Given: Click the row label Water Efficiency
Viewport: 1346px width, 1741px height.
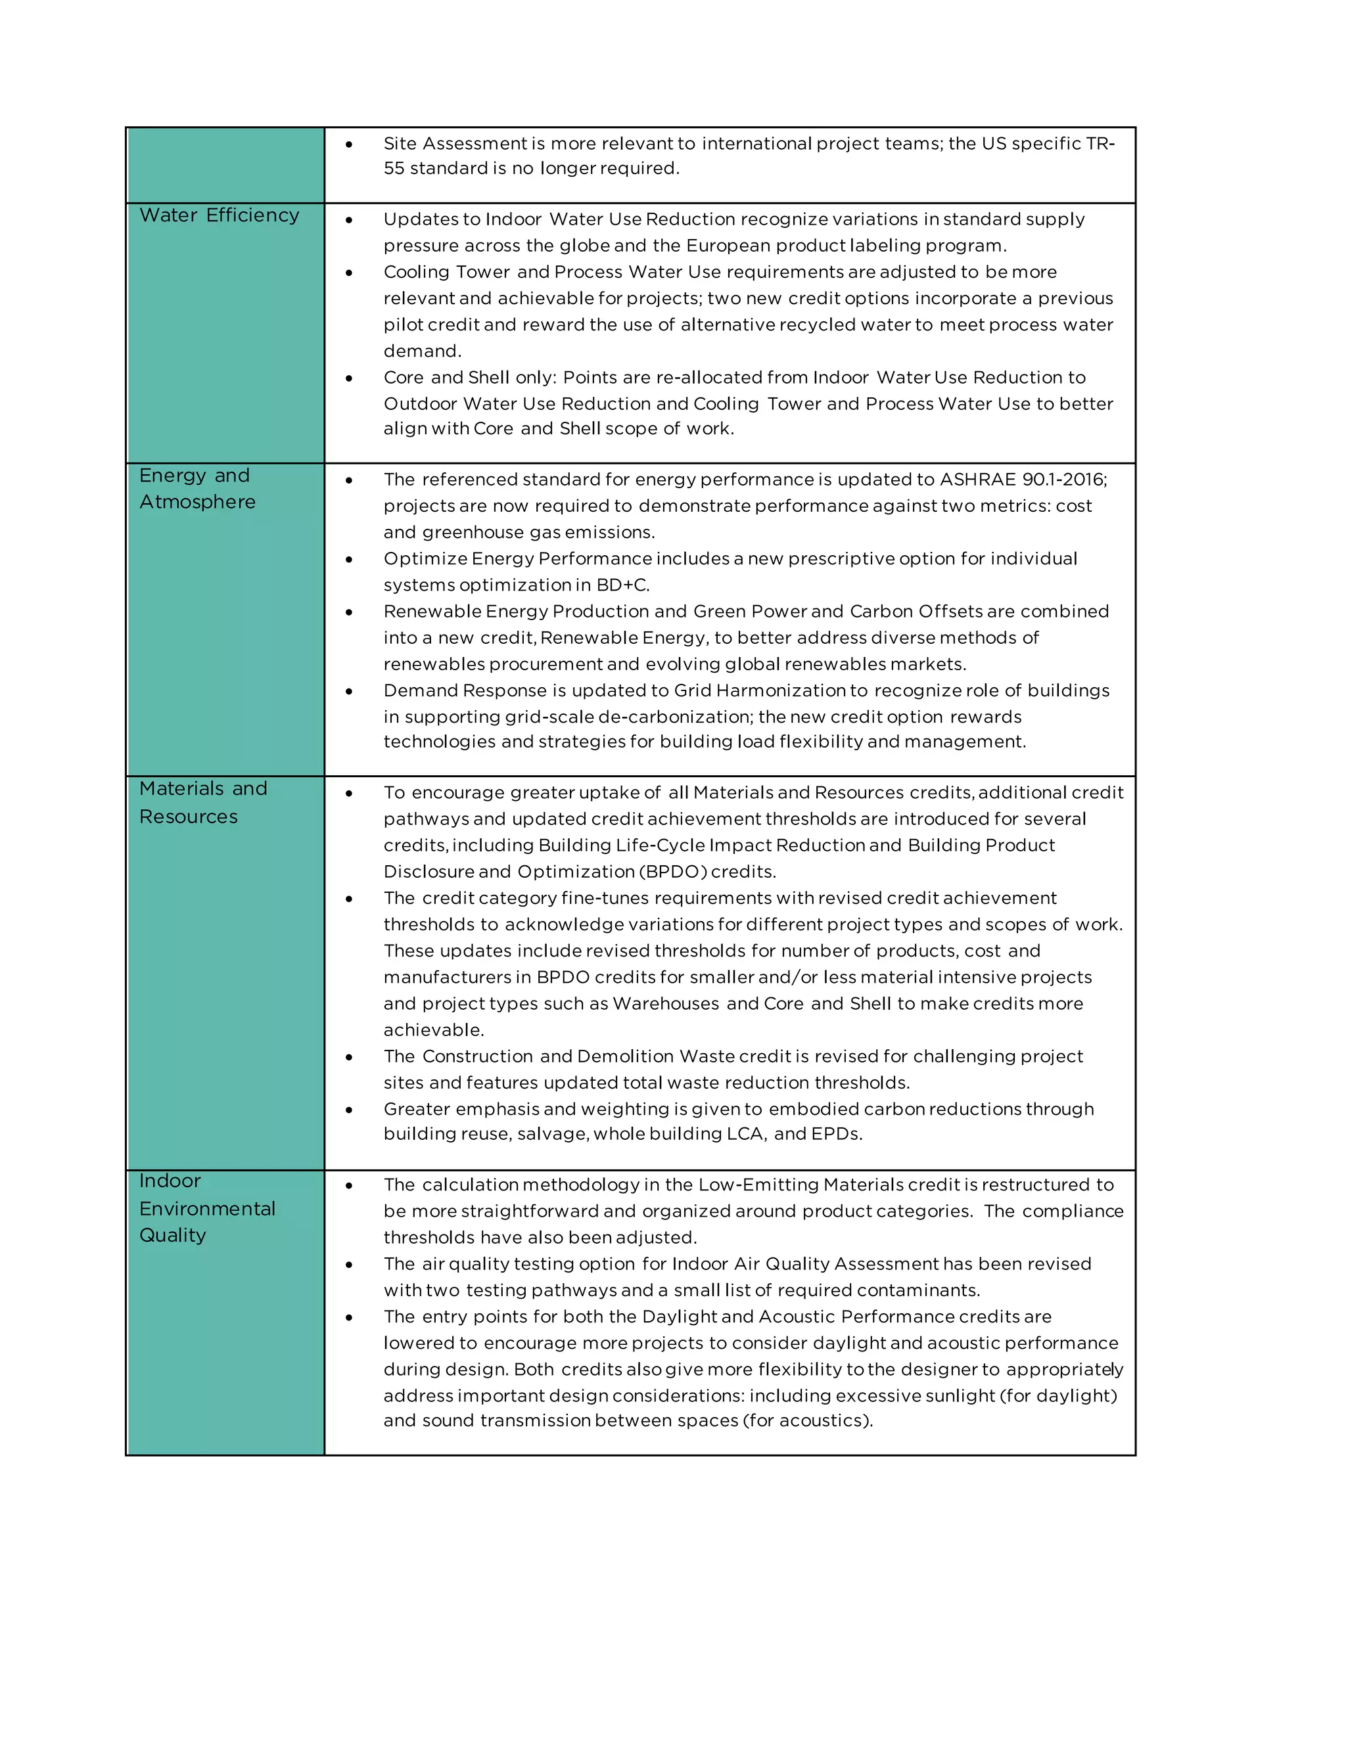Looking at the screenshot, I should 220,215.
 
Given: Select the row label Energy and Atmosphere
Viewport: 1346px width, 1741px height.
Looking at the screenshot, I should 197,489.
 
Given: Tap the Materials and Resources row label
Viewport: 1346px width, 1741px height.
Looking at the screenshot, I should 202,802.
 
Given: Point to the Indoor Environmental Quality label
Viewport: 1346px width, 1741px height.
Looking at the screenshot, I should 206,1208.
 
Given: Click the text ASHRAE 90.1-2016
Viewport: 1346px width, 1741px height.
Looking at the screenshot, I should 1021,479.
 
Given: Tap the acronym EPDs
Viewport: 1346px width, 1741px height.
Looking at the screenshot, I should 836,1133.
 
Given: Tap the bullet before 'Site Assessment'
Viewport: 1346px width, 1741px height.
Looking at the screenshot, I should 349,145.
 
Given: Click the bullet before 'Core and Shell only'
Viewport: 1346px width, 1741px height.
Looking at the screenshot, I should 349,378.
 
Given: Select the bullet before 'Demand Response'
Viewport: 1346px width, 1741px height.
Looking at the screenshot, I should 349,691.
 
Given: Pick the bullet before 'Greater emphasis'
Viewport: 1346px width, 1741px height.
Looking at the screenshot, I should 349,1110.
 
